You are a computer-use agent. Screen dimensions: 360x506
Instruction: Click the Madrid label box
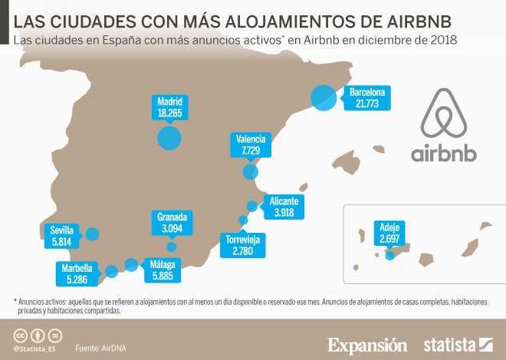click(169, 107)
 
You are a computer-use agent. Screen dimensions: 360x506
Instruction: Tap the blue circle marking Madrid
click(169, 138)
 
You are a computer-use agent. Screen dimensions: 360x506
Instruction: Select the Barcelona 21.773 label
click(367, 97)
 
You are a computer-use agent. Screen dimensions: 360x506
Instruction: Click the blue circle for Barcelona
click(324, 97)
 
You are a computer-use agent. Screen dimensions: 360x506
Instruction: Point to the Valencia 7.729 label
click(251, 145)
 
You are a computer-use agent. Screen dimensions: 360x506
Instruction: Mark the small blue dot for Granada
click(172, 247)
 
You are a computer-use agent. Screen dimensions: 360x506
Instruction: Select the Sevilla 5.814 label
click(61, 235)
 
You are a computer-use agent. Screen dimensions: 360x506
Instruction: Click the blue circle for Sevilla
click(93, 234)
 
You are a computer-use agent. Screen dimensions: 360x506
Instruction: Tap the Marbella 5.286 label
click(77, 273)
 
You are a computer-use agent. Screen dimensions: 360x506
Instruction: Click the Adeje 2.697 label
click(389, 232)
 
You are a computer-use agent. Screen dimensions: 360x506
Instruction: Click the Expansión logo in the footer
click(367, 344)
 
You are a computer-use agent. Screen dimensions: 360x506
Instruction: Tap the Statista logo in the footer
click(457, 344)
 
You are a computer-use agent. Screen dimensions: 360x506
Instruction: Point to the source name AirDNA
click(113, 349)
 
